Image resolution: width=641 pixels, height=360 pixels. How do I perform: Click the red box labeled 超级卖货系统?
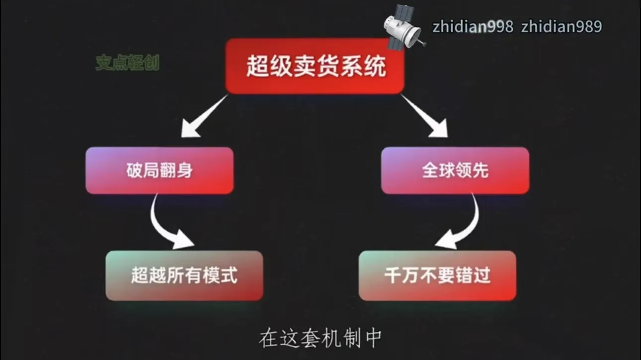click(x=315, y=66)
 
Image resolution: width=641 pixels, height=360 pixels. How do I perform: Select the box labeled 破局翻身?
click(x=160, y=171)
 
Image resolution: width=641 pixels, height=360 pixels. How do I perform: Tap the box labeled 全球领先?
click(x=455, y=171)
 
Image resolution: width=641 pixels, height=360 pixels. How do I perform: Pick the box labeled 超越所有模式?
click(x=184, y=275)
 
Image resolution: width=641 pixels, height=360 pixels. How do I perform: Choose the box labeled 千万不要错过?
click(x=438, y=275)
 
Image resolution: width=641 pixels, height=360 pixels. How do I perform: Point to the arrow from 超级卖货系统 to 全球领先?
click(x=425, y=116)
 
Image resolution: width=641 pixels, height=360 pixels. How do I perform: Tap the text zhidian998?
click(x=473, y=27)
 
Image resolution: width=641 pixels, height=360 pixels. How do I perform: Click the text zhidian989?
click(x=561, y=27)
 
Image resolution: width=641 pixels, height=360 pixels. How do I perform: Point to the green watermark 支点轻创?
click(x=127, y=63)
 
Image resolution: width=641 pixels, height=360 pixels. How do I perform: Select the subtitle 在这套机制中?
click(x=320, y=339)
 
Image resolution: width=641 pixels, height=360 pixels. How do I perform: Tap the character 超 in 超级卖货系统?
click(x=258, y=66)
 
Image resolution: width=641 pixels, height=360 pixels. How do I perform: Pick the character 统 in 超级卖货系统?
click(x=375, y=66)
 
